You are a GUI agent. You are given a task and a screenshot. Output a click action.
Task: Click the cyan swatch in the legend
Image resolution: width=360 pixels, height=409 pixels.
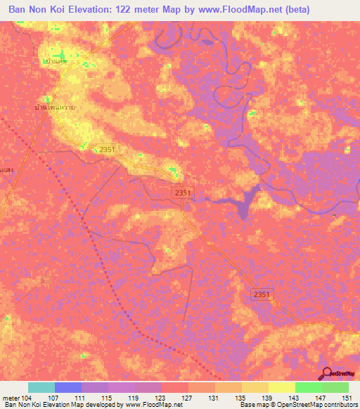coord(41,387)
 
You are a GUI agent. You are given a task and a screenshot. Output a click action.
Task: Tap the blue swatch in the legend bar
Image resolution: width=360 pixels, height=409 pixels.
coord(67,387)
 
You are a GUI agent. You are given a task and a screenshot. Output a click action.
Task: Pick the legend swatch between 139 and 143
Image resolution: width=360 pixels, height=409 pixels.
coord(281,387)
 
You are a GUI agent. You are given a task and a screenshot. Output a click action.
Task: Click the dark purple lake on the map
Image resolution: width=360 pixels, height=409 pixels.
coord(245,203)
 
